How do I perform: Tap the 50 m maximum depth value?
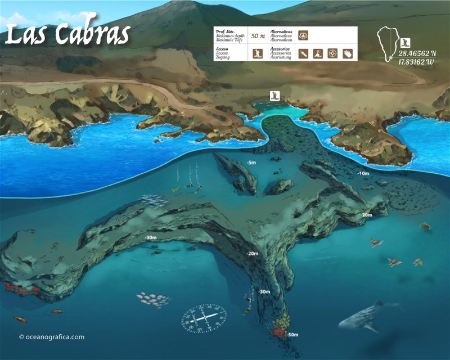[258, 35]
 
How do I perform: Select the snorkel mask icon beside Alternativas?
[303, 35]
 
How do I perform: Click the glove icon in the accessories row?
[347, 54]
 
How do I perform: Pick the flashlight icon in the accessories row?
[303, 54]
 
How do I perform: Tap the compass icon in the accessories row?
[332, 54]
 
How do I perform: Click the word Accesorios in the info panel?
[281, 49]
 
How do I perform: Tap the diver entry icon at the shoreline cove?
[274, 94]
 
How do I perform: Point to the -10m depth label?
[363, 173]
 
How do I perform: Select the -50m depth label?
[292, 335]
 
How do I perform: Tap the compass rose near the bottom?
[204, 318]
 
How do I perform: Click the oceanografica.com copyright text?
[51, 337]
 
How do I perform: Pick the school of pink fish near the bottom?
[153, 299]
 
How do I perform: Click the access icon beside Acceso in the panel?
[258, 54]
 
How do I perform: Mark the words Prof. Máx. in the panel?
[226, 31]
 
